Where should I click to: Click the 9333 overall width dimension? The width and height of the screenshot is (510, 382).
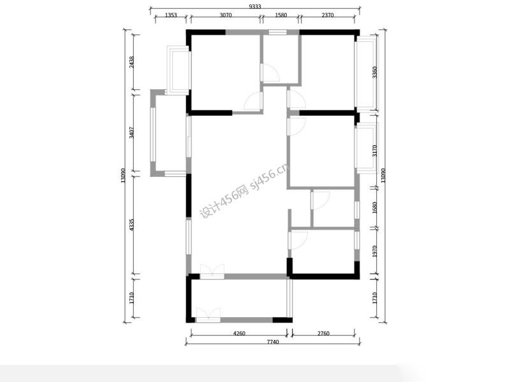click(255, 6)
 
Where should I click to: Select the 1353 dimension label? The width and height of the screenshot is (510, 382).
click(171, 15)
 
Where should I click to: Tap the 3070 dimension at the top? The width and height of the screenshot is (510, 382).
click(226, 15)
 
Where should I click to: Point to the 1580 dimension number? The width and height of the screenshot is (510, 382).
click(281, 15)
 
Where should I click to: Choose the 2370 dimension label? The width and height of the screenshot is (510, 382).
click(328, 15)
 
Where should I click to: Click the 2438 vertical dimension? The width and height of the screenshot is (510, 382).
click(131, 62)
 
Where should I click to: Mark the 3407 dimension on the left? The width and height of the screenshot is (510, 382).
click(131, 132)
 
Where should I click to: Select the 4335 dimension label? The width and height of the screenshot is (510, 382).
click(131, 225)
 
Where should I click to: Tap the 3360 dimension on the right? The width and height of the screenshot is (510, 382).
click(374, 72)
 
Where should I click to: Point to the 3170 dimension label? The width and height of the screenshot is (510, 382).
click(374, 151)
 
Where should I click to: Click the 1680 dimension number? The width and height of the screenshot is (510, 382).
click(374, 208)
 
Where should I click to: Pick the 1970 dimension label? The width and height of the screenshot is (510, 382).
click(374, 251)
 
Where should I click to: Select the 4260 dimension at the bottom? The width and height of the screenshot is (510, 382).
click(240, 333)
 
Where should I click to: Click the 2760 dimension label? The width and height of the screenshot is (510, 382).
click(323, 333)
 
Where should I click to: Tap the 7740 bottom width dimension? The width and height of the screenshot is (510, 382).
click(273, 342)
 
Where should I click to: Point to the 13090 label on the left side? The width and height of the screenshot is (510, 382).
click(123, 176)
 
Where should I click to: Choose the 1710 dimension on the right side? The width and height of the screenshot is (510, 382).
click(374, 298)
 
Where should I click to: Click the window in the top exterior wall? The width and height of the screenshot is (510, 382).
click(278, 32)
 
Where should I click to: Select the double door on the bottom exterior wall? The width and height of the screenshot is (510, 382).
click(208, 315)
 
